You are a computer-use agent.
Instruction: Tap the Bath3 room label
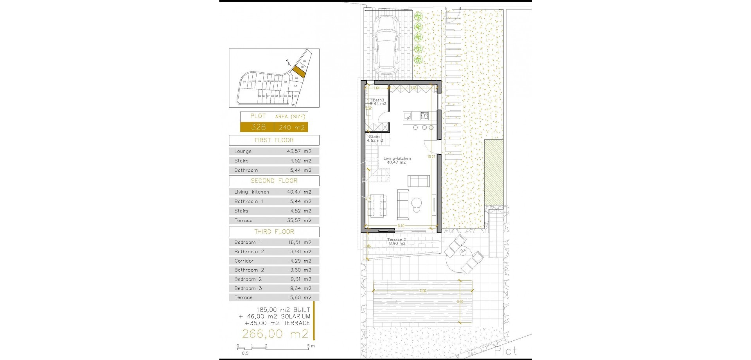click(378, 100)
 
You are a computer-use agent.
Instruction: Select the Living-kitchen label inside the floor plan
click(397, 158)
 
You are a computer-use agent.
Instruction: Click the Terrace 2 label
click(397, 239)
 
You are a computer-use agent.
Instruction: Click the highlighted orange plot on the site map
click(299, 72)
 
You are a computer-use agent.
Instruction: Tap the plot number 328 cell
click(258, 127)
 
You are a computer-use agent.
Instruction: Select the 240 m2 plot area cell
click(291, 127)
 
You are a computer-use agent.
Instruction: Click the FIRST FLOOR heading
click(274, 140)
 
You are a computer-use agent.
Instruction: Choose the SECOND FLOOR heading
click(274, 181)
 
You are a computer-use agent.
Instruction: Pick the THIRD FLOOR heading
click(274, 232)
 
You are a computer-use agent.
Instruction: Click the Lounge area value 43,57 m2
click(299, 151)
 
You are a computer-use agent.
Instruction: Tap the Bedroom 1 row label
click(248, 242)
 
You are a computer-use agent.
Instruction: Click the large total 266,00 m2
click(275, 334)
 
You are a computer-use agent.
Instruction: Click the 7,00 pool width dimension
click(422, 291)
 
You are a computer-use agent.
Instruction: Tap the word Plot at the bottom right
click(505, 351)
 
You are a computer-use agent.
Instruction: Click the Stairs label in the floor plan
click(374, 137)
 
